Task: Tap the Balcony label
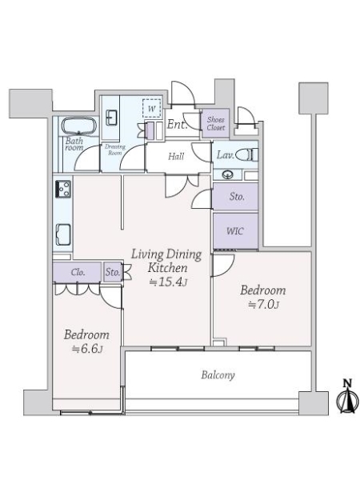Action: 217,374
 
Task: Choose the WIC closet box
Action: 234,230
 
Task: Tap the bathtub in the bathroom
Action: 78,127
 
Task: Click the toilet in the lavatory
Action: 249,154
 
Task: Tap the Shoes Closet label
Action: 216,124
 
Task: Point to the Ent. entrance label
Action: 178,125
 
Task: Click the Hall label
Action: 176,156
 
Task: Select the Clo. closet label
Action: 78,272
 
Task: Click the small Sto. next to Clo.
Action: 113,272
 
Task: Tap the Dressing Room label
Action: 116,150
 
